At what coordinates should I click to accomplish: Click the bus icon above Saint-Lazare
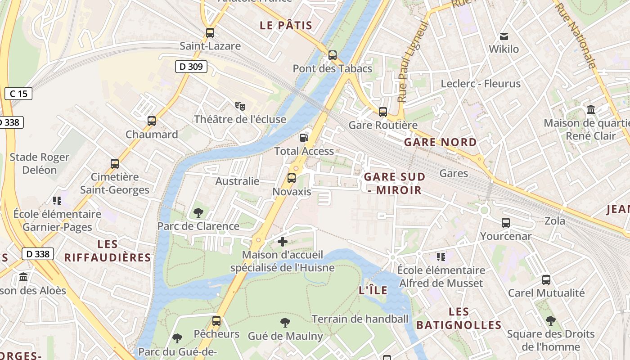[x=210, y=32]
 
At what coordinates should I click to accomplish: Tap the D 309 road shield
[x=191, y=67]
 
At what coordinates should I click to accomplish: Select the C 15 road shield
[x=18, y=94]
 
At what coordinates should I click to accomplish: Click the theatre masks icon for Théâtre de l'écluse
[x=240, y=106]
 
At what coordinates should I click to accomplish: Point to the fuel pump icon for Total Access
[x=305, y=137]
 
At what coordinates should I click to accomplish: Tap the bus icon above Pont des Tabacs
[x=333, y=55]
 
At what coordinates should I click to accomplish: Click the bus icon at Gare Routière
[x=383, y=112]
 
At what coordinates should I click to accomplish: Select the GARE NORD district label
[x=440, y=142]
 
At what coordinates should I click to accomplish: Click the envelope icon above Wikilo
[x=504, y=36]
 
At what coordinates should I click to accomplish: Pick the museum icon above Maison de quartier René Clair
[x=591, y=109]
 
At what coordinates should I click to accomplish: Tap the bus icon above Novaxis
[x=292, y=178]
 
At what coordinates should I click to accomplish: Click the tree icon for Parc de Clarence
[x=198, y=212]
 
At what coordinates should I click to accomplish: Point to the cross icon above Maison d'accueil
[x=283, y=242]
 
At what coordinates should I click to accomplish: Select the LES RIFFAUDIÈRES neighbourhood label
[x=108, y=251]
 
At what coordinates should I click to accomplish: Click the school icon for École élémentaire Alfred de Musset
[x=441, y=257]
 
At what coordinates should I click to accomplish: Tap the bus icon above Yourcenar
[x=506, y=222]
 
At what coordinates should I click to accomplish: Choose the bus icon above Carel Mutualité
[x=546, y=280]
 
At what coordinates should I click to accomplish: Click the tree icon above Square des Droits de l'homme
[x=551, y=321]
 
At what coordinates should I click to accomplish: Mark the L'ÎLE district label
[x=373, y=290]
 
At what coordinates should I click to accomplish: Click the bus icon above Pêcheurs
[x=216, y=321]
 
